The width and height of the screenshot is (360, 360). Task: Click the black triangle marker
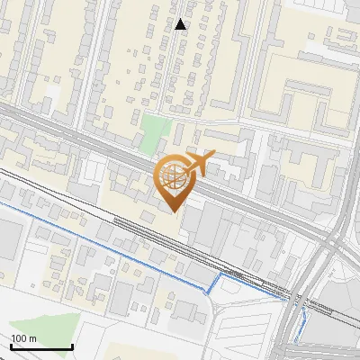[x=181, y=24]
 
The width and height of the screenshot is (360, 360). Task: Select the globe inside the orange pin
[x=173, y=176]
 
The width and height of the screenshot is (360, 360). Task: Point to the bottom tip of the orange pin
[x=174, y=211]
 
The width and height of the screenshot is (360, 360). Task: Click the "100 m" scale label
[x=23, y=338]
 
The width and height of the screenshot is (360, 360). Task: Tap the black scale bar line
[x=41, y=346]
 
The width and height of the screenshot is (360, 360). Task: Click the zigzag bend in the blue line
[x=213, y=286]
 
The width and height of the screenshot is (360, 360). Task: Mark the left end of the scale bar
[x=12, y=346]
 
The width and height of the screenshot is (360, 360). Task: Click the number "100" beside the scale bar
[x=19, y=338]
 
